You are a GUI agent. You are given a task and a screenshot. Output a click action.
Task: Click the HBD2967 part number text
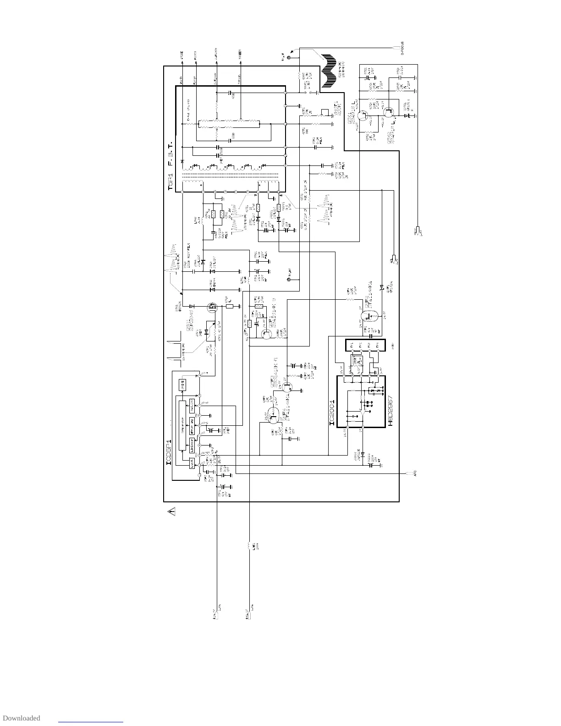click(x=391, y=410)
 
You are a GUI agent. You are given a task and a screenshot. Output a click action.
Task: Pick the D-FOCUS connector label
click(x=402, y=48)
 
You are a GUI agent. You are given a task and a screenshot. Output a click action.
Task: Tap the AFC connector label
click(x=414, y=473)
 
